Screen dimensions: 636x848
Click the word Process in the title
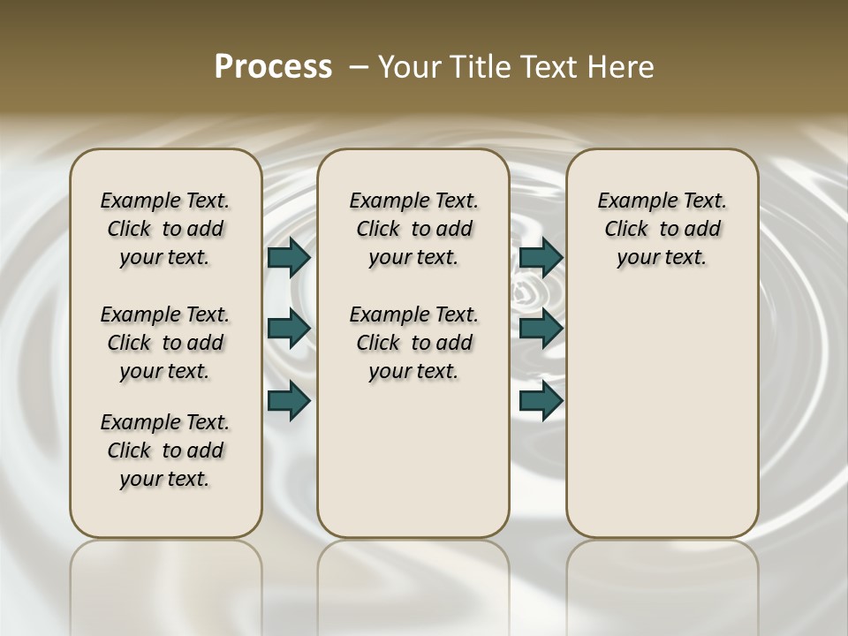tap(273, 67)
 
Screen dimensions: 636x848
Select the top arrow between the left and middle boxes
tap(289, 257)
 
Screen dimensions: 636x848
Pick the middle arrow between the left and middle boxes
tap(289, 328)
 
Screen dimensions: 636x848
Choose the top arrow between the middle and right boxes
tap(541, 257)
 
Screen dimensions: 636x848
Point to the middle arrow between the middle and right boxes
tap(541, 328)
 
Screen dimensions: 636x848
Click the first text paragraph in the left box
tap(165, 229)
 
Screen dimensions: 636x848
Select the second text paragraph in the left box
tap(165, 343)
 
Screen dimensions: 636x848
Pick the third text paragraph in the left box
tap(165, 450)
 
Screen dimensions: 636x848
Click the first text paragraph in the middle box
tap(413, 229)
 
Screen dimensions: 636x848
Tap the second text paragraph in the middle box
tap(413, 343)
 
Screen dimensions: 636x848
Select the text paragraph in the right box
tap(662, 229)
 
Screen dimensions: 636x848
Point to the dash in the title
tap(358, 67)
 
